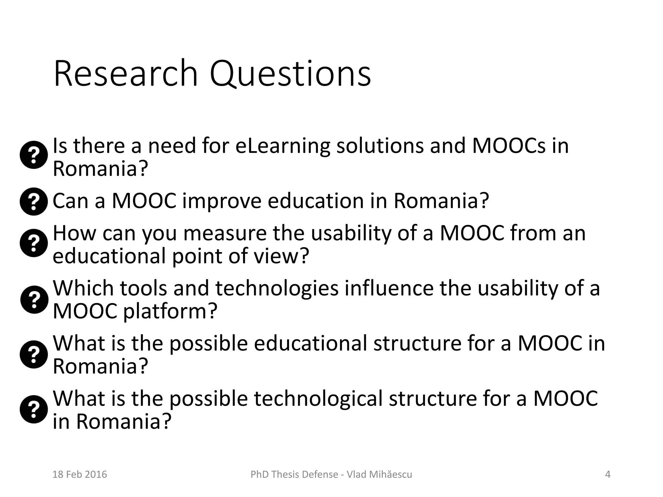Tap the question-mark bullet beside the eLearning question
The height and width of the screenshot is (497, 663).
pyautogui.click(x=34, y=155)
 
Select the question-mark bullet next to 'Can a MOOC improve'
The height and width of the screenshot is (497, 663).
pyautogui.click(x=34, y=201)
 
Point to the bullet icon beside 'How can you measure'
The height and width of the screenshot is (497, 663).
pyautogui.click(x=34, y=243)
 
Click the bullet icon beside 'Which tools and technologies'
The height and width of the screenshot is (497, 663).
pyautogui.click(x=34, y=299)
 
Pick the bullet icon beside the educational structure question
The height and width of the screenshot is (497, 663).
pyautogui.click(x=34, y=354)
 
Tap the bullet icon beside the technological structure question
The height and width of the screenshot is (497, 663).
pyautogui.click(x=34, y=409)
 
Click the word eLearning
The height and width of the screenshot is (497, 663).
pyautogui.click(x=282, y=146)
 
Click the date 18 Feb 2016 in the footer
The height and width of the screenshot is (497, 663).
pyautogui.click(x=80, y=474)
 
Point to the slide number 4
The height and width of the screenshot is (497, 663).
pyautogui.click(x=608, y=474)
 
